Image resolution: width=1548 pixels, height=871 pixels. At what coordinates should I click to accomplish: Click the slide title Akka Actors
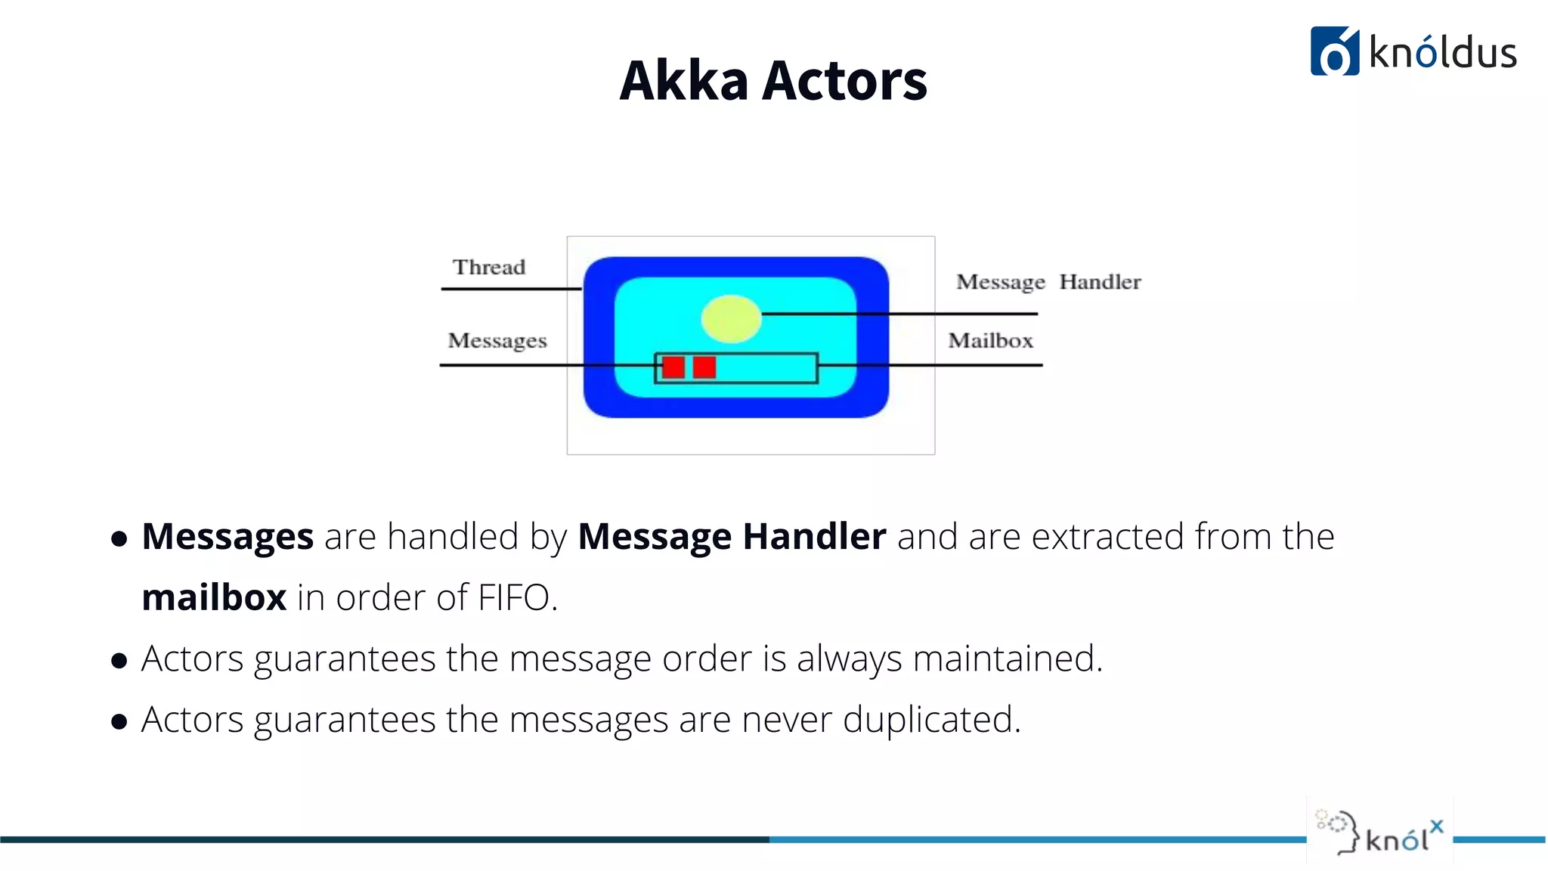(x=772, y=80)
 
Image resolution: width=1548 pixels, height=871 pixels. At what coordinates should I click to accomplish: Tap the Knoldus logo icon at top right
(x=1334, y=51)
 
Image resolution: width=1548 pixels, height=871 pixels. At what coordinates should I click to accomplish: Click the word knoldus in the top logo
(x=1442, y=53)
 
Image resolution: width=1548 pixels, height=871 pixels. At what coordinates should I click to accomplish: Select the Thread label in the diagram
(x=489, y=267)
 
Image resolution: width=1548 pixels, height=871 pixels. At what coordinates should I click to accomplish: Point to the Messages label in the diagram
(x=497, y=341)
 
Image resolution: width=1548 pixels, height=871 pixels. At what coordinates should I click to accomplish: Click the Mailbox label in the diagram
(x=990, y=341)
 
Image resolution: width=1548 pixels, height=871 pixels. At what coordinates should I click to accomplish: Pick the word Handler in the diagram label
(x=1100, y=282)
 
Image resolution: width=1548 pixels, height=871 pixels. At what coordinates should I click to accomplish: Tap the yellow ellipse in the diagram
(x=731, y=319)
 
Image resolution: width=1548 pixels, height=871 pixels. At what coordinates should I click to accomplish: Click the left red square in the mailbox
(x=673, y=367)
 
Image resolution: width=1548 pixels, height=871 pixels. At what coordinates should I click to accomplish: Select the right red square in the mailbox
(x=704, y=367)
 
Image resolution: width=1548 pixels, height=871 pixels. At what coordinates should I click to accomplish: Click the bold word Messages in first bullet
(x=228, y=537)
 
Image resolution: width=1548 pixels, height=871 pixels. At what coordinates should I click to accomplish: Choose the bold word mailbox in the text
(x=214, y=597)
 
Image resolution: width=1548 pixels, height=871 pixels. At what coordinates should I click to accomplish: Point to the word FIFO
(x=515, y=597)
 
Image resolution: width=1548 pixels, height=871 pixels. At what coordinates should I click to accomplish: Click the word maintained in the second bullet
(x=1008, y=658)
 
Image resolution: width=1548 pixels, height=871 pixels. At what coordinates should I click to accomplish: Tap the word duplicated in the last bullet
(x=931, y=719)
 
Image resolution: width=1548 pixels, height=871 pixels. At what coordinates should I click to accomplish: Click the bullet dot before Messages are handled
(x=119, y=539)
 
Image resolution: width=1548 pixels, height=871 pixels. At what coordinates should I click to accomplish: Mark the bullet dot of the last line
(x=119, y=722)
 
